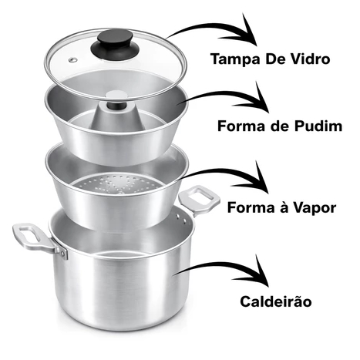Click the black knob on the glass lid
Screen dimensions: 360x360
point(115,43)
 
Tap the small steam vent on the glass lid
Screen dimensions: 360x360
point(73,59)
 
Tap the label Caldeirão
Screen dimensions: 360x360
point(276,301)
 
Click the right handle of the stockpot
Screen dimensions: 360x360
point(199,199)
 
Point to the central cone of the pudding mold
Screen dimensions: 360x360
point(116,116)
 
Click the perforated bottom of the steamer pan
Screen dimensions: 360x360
point(117,183)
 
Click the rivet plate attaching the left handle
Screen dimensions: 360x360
point(62,251)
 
